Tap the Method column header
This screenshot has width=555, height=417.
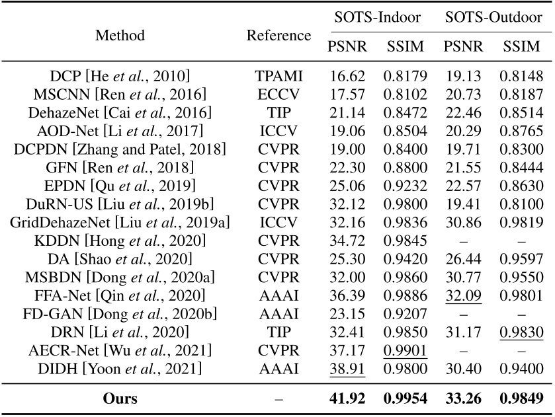(120, 34)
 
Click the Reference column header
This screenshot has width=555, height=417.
(278, 34)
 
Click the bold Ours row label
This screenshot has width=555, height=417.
(120, 398)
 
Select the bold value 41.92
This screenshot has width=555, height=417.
(347, 398)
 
